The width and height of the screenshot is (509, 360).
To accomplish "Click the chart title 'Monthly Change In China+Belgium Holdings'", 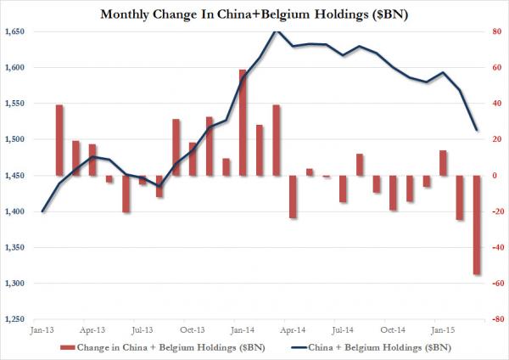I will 255,14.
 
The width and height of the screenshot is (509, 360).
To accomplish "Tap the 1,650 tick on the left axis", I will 14,31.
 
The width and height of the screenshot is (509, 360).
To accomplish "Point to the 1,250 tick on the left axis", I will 14,319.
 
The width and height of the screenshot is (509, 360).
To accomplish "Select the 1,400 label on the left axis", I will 14,211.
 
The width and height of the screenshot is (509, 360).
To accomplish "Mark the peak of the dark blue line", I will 275,31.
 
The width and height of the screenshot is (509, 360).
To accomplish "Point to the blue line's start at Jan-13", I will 42,211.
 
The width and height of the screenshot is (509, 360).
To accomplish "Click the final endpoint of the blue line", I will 476,130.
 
